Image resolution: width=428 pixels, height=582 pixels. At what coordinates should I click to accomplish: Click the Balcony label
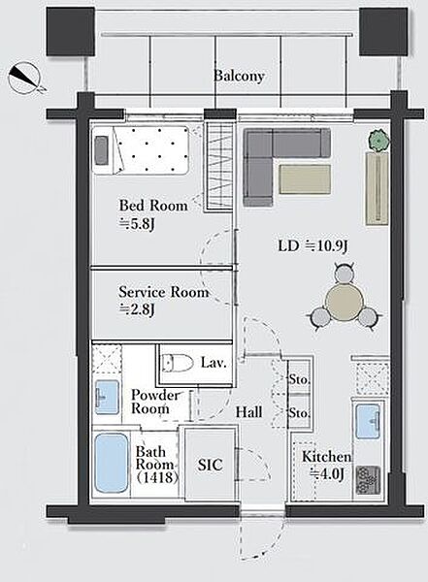(x=239, y=76)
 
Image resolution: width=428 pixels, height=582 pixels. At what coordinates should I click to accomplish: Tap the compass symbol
(x=24, y=78)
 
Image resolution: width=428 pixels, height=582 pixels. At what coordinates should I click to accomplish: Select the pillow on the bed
(x=101, y=150)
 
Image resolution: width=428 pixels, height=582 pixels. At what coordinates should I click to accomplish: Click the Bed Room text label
(x=153, y=206)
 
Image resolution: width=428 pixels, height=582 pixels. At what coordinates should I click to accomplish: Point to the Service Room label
(x=163, y=292)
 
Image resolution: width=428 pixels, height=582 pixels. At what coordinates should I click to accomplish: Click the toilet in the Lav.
(x=178, y=363)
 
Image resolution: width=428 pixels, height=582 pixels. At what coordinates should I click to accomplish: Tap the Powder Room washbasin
(x=107, y=397)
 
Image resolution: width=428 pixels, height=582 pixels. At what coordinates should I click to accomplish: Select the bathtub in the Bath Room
(x=111, y=464)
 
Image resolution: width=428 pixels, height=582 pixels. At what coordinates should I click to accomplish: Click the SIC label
(x=210, y=465)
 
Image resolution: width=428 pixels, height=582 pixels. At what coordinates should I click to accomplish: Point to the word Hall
(x=248, y=411)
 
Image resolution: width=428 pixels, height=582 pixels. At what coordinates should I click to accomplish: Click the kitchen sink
(x=368, y=421)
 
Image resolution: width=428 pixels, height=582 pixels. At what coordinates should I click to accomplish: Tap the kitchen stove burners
(x=368, y=480)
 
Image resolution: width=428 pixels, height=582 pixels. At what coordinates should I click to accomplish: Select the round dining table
(x=344, y=302)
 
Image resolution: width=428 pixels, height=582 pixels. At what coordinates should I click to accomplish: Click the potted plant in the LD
(x=379, y=141)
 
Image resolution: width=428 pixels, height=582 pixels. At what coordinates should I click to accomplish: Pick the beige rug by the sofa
(x=305, y=179)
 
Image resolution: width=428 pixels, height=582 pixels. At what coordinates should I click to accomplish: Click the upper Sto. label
(x=299, y=379)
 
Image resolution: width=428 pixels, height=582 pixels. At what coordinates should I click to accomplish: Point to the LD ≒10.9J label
(x=313, y=245)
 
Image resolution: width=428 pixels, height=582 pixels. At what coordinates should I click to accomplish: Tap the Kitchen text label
(x=326, y=457)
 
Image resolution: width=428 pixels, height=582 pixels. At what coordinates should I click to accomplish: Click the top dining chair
(x=344, y=273)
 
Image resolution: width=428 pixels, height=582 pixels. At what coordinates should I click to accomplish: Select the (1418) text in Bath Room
(x=156, y=477)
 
